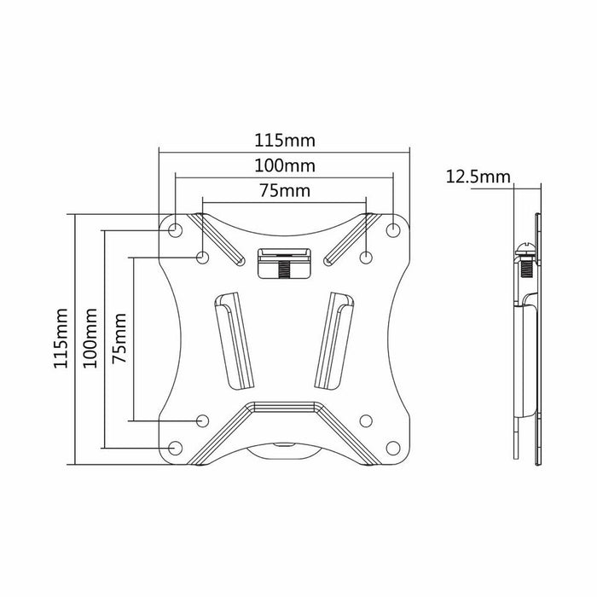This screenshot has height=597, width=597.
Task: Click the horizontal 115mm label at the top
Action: tap(284, 139)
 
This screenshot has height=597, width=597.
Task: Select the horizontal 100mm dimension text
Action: tap(284, 165)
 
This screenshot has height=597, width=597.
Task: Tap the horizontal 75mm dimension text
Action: tap(284, 190)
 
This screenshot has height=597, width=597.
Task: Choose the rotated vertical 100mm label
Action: tap(90, 339)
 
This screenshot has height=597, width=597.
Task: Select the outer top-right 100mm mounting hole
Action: tap(393, 229)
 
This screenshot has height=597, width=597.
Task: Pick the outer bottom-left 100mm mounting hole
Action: tap(175, 447)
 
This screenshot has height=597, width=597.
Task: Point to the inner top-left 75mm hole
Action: tap(203, 257)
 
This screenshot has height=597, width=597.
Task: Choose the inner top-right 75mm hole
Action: tap(365, 257)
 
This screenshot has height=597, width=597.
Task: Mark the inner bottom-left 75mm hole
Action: tap(203, 420)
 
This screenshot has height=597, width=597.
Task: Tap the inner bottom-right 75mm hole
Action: tap(365, 420)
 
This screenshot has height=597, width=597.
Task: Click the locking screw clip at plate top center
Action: tap(284, 261)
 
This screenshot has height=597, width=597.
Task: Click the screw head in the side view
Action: tap(524, 252)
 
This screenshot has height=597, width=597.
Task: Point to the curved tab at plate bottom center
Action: tap(284, 450)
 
